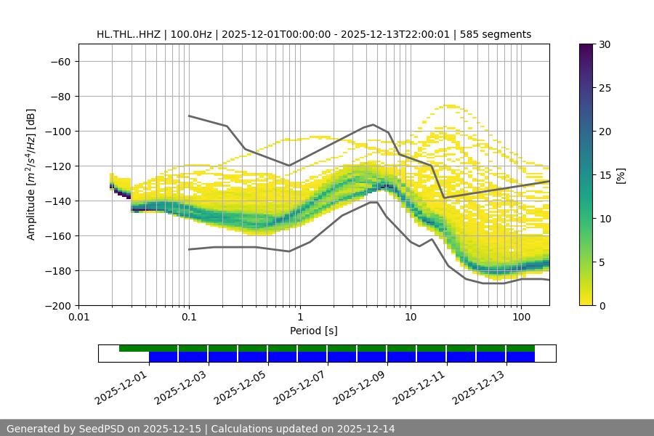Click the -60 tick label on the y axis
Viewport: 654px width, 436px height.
pyautogui.click(x=60, y=61)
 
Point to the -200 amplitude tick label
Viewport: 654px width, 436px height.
pyautogui.click(x=58, y=305)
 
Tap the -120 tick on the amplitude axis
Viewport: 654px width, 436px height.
pyautogui.click(x=58, y=166)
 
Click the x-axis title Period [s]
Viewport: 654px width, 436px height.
pyautogui.click(x=314, y=331)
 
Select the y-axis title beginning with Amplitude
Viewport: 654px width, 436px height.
pyautogui.click(x=31, y=174)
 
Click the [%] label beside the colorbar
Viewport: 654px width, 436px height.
pyautogui.click(x=620, y=175)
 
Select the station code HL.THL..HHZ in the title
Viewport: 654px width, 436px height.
pyautogui.click(x=129, y=34)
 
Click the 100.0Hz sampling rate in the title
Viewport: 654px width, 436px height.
pyautogui.click(x=190, y=34)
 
